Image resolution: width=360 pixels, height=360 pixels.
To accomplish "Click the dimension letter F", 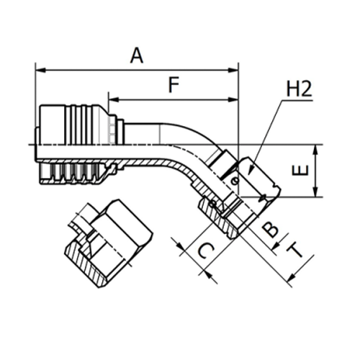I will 173,85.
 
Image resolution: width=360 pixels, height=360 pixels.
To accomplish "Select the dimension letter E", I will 302,170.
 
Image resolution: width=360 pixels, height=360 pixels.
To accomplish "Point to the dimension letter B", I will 270,229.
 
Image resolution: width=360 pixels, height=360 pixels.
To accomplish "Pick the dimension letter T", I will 294,249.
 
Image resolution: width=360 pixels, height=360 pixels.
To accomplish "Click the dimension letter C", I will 205,251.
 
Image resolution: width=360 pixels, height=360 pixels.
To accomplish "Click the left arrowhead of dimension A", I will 39,70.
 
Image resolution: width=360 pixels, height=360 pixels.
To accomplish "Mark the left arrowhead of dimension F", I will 112,99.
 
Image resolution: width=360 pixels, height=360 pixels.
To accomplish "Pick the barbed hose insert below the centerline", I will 72,171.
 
